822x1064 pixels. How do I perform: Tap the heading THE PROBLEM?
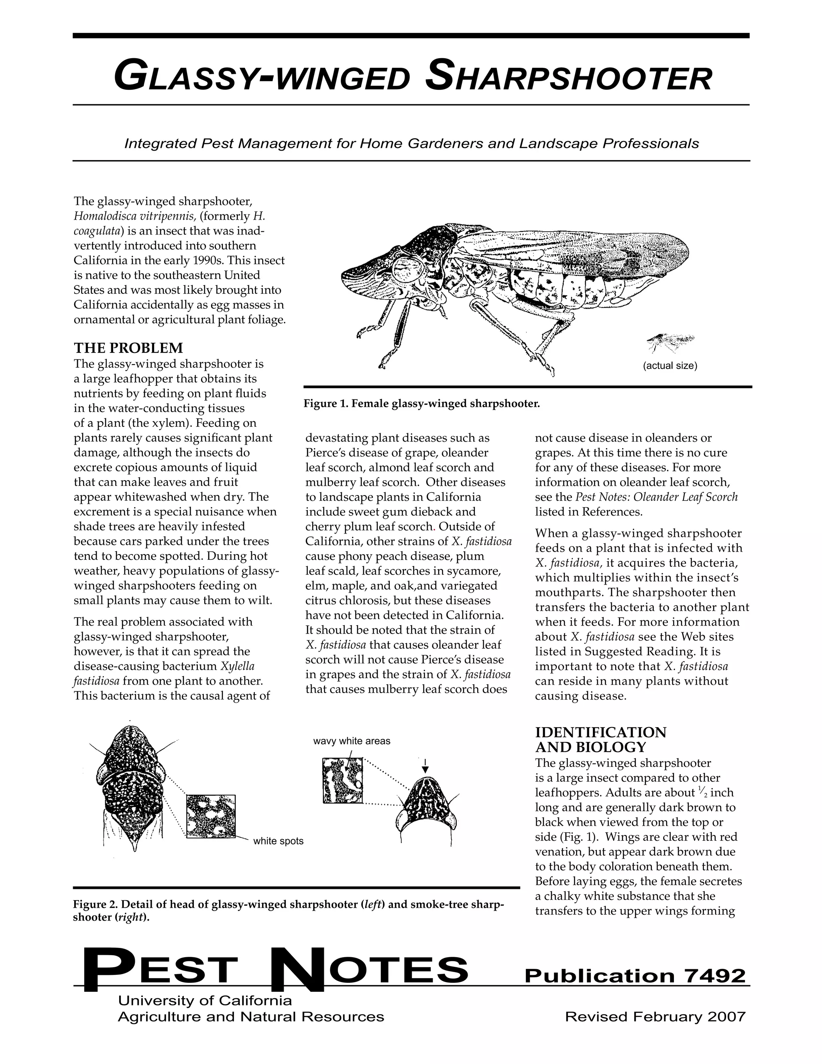coord(128,349)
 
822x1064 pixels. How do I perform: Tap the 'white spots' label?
coord(278,841)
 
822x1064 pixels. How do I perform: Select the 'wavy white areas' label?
coord(352,741)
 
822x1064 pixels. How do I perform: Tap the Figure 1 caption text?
coord(422,404)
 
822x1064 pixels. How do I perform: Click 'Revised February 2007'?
coord(655,1017)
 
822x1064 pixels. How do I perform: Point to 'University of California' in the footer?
coord(205,1001)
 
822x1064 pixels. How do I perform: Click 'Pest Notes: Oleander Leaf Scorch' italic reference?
coord(656,497)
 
